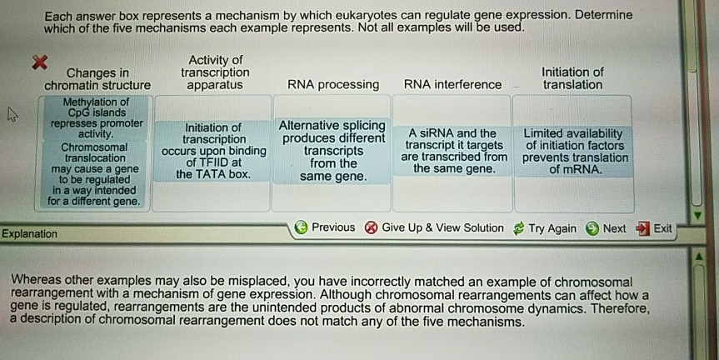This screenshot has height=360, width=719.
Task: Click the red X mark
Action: (40, 62)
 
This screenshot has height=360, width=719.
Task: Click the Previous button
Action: (325, 227)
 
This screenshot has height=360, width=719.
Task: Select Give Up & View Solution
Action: (434, 228)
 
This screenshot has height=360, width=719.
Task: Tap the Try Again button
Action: (544, 228)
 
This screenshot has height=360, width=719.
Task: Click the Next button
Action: (606, 228)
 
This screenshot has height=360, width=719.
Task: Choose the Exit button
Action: (654, 228)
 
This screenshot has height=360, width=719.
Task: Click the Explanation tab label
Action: (29, 234)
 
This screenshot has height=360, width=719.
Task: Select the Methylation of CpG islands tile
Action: (96, 117)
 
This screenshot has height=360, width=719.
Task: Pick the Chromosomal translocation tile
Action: (94, 174)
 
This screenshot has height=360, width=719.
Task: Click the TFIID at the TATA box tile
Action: (213, 151)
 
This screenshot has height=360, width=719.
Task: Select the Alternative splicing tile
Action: (332, 151)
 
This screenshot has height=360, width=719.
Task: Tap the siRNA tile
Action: (453, 151)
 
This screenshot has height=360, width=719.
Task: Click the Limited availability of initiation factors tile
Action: (575, 152)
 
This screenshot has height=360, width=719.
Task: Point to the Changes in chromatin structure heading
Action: (97, 79)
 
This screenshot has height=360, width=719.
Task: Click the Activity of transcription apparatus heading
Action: (215, 72)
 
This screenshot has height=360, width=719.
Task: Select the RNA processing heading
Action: (333, 85)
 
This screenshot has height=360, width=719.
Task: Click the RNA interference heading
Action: (452, 85)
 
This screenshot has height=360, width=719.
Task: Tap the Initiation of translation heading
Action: (572, 78)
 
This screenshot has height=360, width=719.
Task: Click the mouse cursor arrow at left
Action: (12, 114)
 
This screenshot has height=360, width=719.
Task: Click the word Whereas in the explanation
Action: (36, 280)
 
